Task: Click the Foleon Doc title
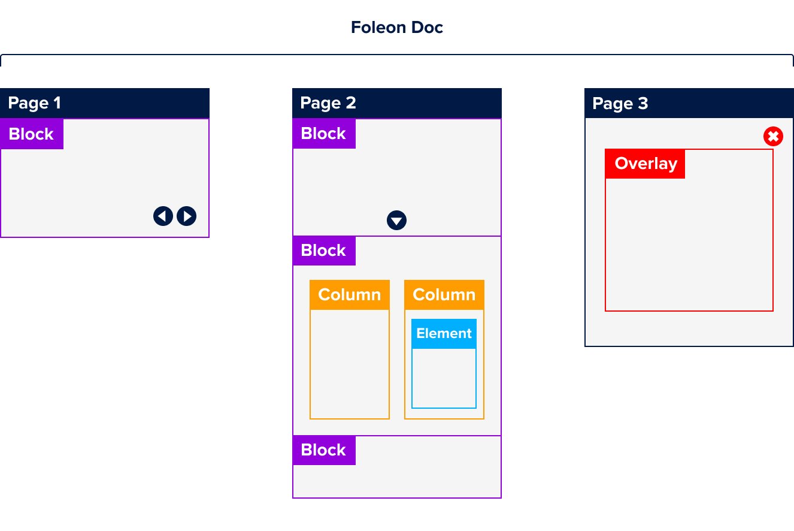(396, 28)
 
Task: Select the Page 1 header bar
(105, 103)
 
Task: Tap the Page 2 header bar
(396, 103)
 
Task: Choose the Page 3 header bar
(689, 103)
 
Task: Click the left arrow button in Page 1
(163, 216)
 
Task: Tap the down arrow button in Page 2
(396, 220)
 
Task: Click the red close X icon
(773, 137)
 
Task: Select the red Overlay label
(645, 164)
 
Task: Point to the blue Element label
(444, 333)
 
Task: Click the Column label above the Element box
(444, 295)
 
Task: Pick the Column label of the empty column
(350, 295)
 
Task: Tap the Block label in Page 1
(32, 134)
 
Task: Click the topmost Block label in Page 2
(324, 134)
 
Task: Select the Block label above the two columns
(324, 251)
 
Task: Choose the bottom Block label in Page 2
(324, 450)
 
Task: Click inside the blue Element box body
(444, 378)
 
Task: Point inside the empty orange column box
(350, 363)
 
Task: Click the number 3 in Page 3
(643, 103)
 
